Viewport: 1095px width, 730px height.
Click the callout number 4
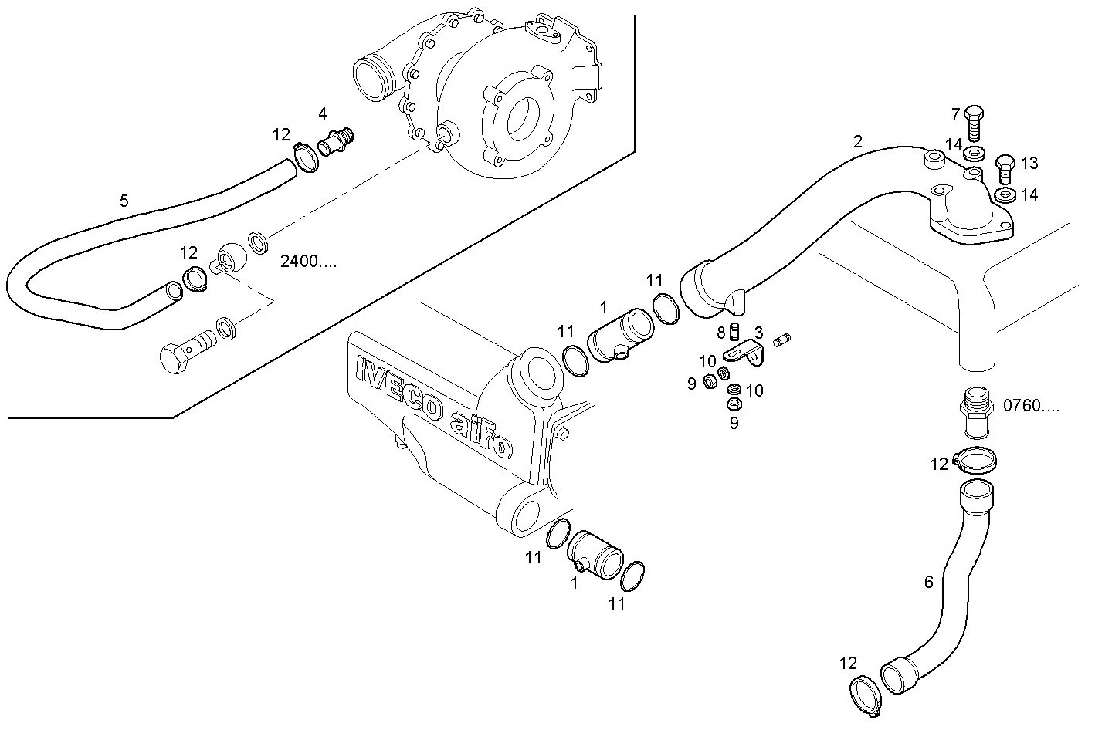(x=323, y=114)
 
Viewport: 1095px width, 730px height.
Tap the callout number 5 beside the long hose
(x=124, y=202)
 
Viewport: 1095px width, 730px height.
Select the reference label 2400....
(x=308, y=262)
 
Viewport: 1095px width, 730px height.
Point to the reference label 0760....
(x=1031, y=406)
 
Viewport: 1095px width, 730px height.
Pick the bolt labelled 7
(x=974, y=122)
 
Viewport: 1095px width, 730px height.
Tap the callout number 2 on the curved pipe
(x=858, y=141)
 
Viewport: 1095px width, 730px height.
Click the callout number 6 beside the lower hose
(x=929, y=582)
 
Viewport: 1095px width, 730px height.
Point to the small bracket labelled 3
(x=745, y=355)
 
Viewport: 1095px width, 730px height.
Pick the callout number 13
(x=1029, y=164)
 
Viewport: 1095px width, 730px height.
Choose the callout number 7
(x=955, y=115)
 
